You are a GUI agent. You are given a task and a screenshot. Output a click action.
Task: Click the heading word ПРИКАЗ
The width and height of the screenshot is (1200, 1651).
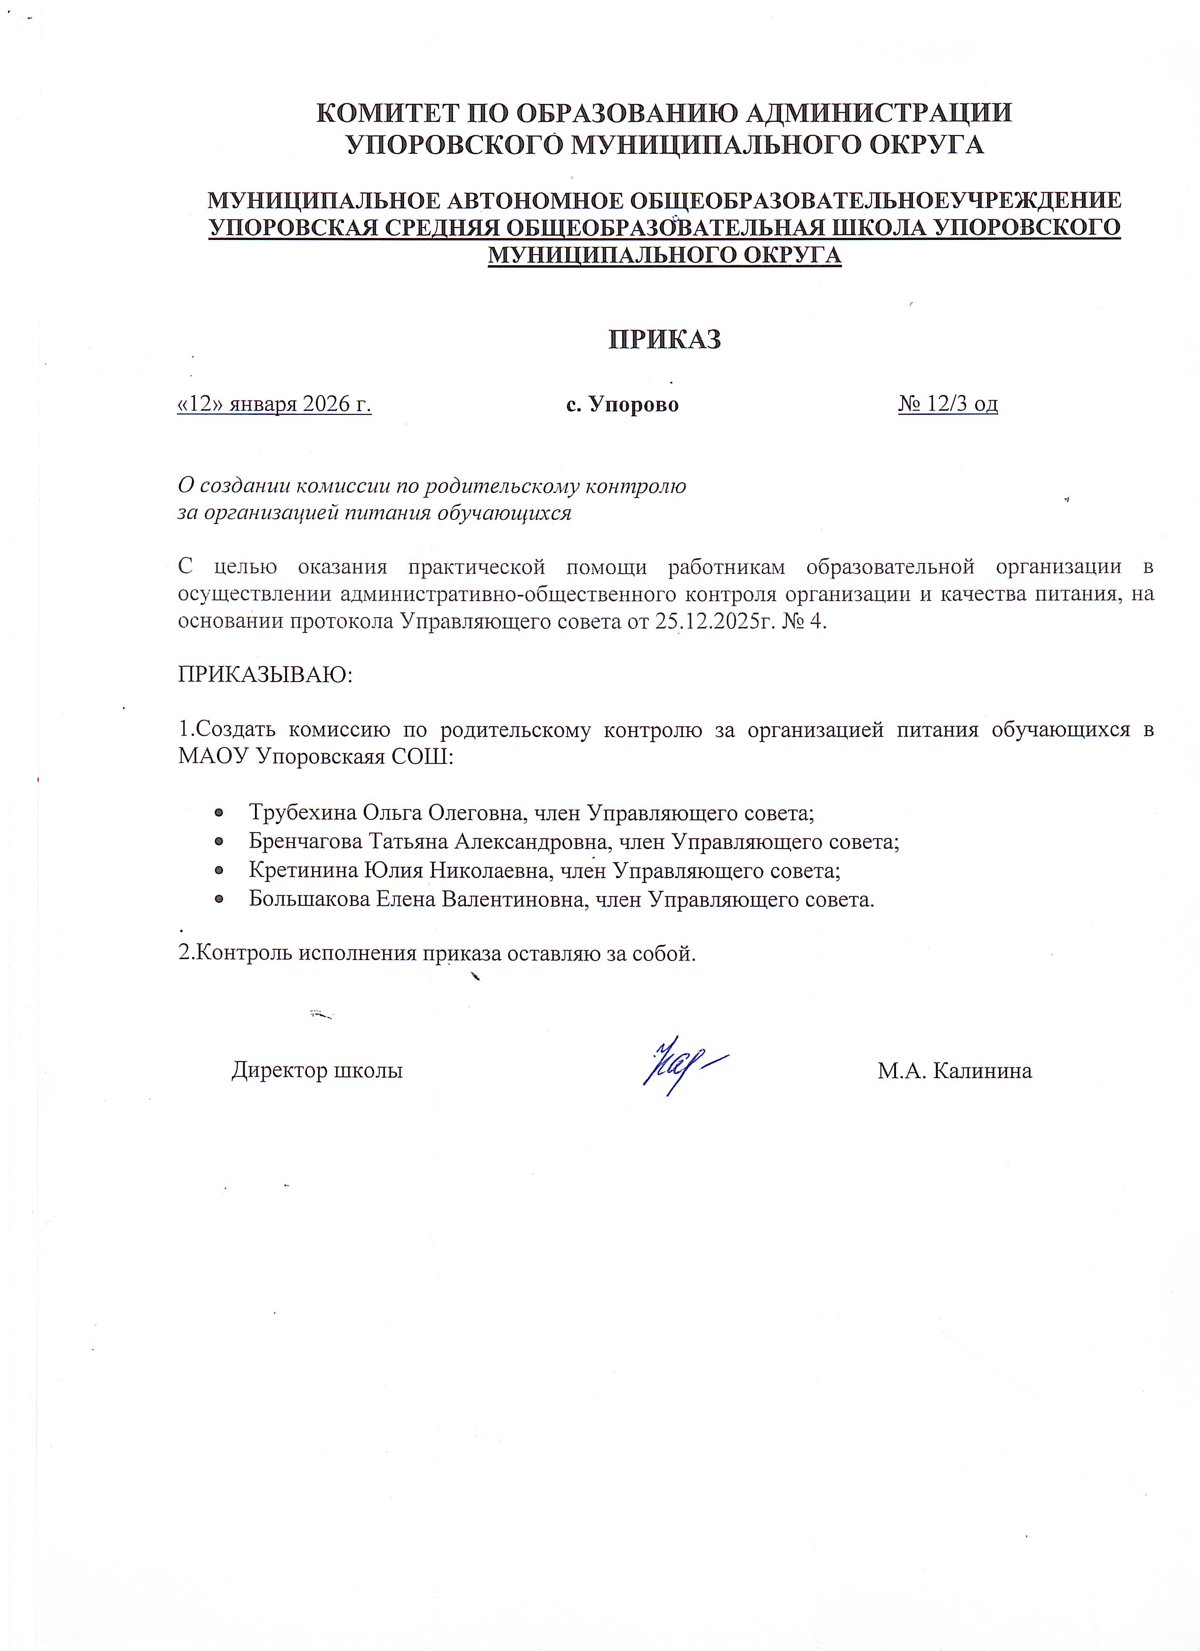[664, 340]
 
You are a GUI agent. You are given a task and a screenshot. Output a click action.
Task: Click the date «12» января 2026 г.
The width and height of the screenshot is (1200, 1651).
[274, 404]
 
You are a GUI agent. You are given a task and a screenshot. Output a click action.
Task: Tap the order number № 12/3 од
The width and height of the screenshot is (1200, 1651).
[947, 404]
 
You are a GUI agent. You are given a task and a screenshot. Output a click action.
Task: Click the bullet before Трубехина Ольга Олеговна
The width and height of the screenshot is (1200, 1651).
[218, 813]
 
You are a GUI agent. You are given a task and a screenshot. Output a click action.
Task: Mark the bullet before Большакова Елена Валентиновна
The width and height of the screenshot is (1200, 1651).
[218, 900]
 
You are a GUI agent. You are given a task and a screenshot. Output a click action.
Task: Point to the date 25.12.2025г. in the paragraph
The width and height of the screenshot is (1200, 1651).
[717, 623]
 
